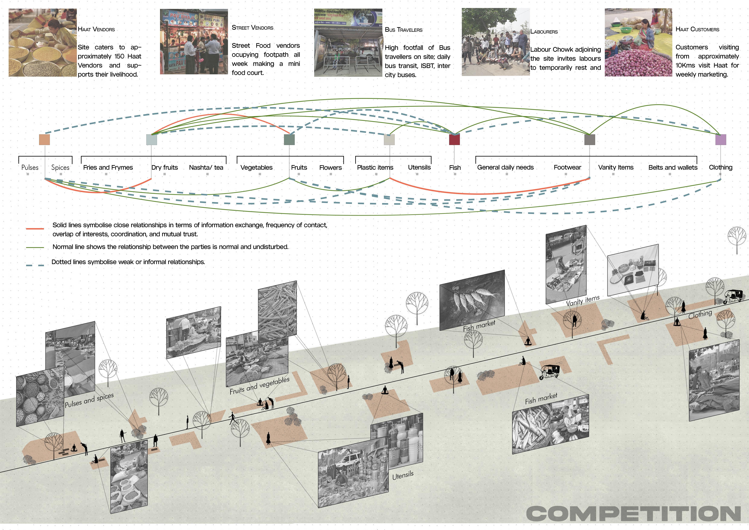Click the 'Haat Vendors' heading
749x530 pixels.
[x=96, y=29]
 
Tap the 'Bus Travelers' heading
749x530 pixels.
[x=404, y=30]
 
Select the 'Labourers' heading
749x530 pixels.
[x=544, y=32]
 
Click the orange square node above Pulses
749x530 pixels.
[x=44, y=140]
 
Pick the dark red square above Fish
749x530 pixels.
[x=454, y=140]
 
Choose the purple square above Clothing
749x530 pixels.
[x=721, y=140]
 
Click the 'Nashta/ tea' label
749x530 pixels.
[x=206, y=167]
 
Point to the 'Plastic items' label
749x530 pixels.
[x=375, y=167]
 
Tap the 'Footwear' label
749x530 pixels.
[x=567, y=167]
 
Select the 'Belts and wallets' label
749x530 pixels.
[x=673, y=167]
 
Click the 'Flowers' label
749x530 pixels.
[x=330, y=167]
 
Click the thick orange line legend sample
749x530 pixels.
[x=35, y=229]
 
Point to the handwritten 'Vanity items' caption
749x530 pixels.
[x=583, y=301]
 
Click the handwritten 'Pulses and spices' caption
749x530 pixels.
[x=89, y=400]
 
